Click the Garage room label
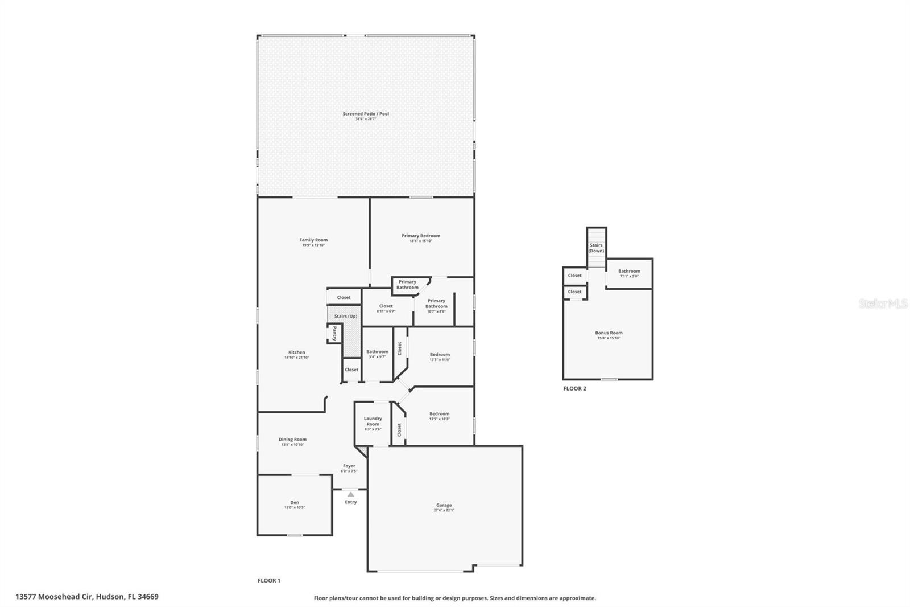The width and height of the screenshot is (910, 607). (444, 505)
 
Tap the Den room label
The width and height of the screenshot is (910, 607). (295, 502)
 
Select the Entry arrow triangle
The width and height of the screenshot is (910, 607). (351, 494)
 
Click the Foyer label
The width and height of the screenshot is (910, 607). (349, 466)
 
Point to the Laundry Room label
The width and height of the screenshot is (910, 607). (373, 421)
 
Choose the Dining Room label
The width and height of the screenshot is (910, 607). (292, 439)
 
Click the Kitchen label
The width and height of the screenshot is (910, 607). (296, 352)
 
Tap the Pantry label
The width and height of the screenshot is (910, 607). (334, 334)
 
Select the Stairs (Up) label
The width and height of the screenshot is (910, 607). (345, 316)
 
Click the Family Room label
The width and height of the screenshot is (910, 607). (313, 240)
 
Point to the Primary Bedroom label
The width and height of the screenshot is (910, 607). (421, 236)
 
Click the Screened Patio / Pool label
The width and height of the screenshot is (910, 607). (366, 114)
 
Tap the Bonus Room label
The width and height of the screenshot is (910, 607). (609, 333)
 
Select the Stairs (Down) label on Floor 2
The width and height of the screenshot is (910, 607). (596, 248)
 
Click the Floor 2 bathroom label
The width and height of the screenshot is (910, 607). (629, 271)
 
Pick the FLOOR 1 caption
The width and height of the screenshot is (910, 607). (269, 581)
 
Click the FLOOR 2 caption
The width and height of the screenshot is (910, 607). (574, 388)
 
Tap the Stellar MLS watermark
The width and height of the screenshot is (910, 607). (883, 303)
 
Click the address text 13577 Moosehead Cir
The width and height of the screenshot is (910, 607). (55, 597)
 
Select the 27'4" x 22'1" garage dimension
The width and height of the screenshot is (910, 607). (444, 510)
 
